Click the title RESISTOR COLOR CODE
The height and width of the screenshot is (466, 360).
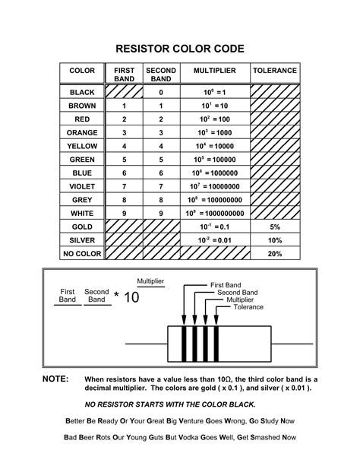coord(180,49)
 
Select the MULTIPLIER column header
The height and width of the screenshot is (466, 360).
coord(214,71)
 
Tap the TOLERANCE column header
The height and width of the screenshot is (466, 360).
coord(274,71)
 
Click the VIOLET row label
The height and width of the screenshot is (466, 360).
coord(82,186)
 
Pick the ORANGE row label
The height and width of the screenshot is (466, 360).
coord(82,132)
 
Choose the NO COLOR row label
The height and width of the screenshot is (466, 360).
coord(82,253)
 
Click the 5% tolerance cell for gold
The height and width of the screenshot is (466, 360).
coord(274,227)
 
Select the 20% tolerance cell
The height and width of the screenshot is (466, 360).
coord(274,253)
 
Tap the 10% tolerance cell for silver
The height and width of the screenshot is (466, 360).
coord(274,240)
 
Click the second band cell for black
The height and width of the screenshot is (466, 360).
coord(161,92)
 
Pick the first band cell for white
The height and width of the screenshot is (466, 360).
coord(124,214)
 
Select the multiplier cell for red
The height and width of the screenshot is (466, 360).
coord(214,119)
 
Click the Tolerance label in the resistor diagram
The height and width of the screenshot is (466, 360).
coord(248,307)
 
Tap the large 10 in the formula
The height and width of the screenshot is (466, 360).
coord(131,297)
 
